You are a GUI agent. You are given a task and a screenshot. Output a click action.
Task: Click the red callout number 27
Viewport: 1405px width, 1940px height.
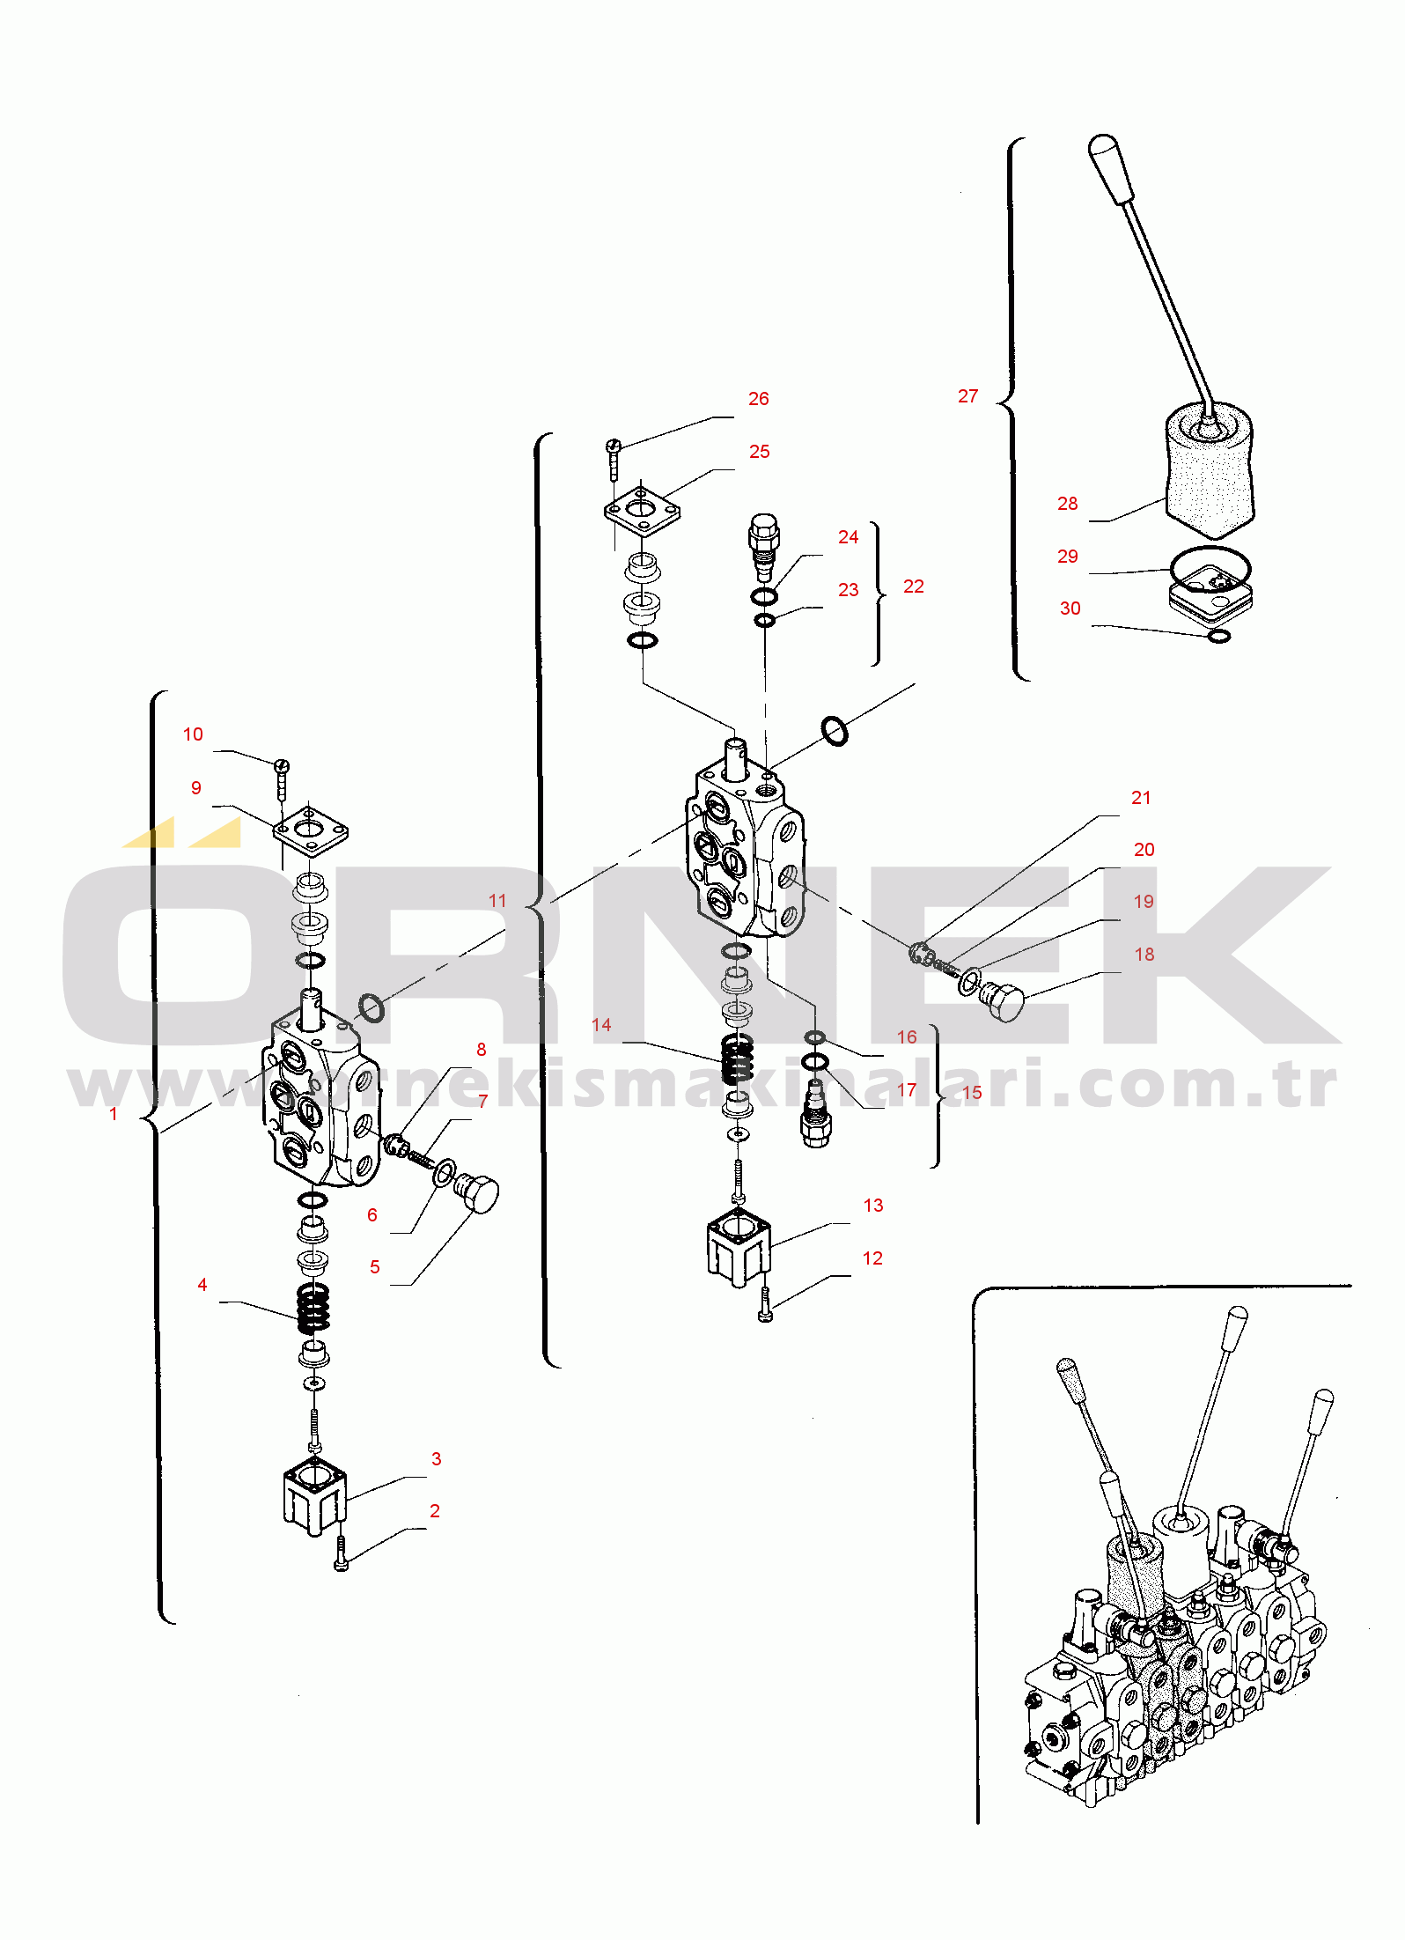(x=967, y=396)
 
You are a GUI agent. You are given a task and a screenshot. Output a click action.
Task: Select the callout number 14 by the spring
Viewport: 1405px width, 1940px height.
(x=601, y=1025)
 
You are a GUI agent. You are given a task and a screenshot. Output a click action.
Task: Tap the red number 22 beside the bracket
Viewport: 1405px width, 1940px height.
(x=913, y=586)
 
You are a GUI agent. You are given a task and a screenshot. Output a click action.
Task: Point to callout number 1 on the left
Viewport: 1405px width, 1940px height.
(x=113, y=1114)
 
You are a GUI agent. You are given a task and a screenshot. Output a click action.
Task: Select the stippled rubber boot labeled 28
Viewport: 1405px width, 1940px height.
(x=1210, y=471)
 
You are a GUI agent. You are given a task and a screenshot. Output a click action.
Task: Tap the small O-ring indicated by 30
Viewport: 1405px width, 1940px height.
(x=1218, y=636)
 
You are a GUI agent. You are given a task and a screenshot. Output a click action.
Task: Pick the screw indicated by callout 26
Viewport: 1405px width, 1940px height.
(x=614, y=454)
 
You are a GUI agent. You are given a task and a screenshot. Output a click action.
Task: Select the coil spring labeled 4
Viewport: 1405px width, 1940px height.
(x=313, y=1307)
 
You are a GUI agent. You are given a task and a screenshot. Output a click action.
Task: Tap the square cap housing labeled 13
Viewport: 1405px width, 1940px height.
(x=738, y=1244)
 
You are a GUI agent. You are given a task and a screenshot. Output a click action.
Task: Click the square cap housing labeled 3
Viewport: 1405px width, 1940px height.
(x=314, y=1494)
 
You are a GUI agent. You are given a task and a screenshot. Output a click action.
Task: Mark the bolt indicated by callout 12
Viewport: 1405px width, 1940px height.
(x=765, y=1305)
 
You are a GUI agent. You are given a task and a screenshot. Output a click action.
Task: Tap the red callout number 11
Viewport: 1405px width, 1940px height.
(x=497, y=901)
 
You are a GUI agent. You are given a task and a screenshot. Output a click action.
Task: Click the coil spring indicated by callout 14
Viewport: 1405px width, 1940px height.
(x=737, y=1059)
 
